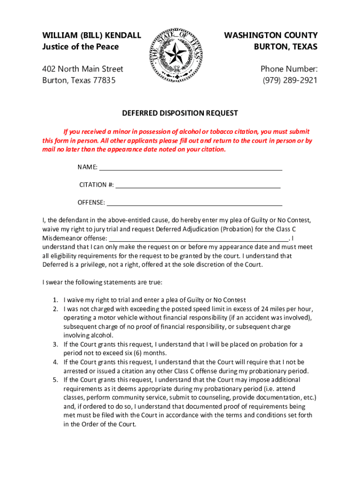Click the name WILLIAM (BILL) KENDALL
click(x=92, y=35)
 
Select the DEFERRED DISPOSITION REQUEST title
click(x=180, y=113)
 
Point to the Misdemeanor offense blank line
click(x=198, y=238)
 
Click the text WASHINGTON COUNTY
click(x=271, y=35)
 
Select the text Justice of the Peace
click(x=80, y=46)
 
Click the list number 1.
click(x=55, y=300)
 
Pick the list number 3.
click(x=55, y=344)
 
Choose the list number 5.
click(x=55, y=380)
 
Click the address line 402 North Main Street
click(x=83, y=69)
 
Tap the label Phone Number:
click(x=289, y=69)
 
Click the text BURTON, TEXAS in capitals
click(x=286, y=46)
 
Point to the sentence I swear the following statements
click(x=102, y=283)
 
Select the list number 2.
click(x=55, y=309)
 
